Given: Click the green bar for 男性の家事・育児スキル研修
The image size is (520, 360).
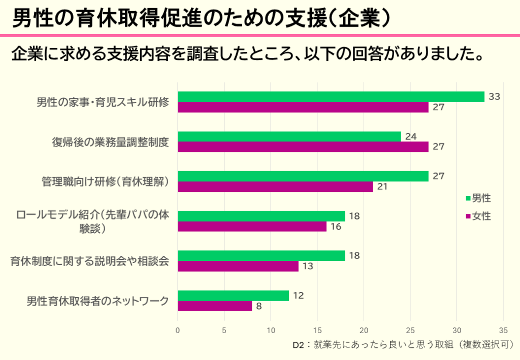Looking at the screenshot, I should click(331, 96).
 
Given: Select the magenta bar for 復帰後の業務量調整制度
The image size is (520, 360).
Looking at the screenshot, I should click(303, 147).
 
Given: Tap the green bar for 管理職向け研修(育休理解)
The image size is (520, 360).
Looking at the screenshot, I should click(303, 176).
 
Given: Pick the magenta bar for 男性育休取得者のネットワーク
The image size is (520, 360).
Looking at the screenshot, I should click(215, 306).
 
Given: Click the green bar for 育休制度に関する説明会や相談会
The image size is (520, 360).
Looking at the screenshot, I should click(261, 255).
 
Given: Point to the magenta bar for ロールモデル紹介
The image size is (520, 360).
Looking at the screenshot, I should click(252, 226).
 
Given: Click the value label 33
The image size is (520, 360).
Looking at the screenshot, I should click(494, 96).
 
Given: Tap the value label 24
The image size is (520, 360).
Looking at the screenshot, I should click(411, 136).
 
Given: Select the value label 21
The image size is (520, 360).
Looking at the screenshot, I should click(382, 186).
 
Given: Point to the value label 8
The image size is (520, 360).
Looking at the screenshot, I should click(259, 306).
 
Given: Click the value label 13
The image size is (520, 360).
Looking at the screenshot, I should click(308, 266).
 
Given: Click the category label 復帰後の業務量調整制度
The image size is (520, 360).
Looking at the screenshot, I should click(110, 142).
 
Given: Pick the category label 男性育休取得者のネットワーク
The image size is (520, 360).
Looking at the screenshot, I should click(97, 301).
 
